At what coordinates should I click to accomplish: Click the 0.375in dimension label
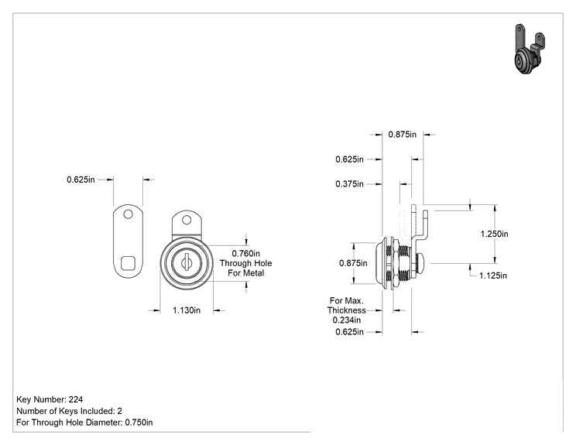(x=349, y=184)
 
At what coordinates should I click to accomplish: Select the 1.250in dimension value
(x=494, y=234)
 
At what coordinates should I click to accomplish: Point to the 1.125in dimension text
(x=493, y=276)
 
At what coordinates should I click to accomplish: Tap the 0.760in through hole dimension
(x=245, y=254)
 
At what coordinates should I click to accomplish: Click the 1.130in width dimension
(x=187, y=310)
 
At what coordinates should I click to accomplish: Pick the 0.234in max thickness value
(x=346, y=320)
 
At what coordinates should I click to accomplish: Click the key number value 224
(x=76, y=399)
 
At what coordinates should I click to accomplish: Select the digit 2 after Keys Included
(x=119, y=411)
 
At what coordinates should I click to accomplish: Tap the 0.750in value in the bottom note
(x=139, y=423)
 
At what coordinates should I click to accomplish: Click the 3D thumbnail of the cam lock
(x=529, y=50)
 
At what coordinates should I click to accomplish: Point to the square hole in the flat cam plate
(x=128, y=262)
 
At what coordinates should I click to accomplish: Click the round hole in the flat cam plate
(x=128, y=214)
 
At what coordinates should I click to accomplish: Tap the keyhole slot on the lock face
(x=186, y=262)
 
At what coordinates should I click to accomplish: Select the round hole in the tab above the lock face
(x=187, y=220)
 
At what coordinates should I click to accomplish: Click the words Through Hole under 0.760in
(x=245, y=264)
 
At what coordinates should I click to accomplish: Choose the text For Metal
(x=245, y=273)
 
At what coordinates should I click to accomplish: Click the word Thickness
(x=346, y=310)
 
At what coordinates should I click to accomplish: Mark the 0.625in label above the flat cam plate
(x=81, y=180)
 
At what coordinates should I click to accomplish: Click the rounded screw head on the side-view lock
(x=421, y=263)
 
